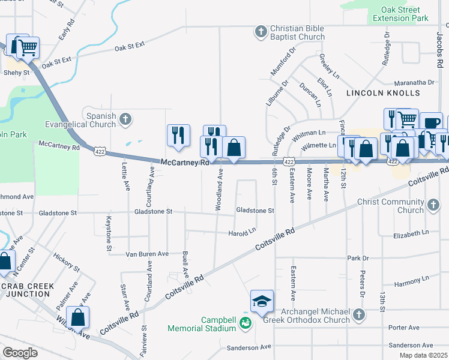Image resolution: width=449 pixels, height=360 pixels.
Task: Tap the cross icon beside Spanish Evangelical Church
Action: [x=125, y=118]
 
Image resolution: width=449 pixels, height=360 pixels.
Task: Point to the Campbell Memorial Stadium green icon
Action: [x=245, y=323]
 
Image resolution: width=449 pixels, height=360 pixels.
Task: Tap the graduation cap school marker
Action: [x=262, y=302]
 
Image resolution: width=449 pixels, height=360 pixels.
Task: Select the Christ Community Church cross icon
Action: [x=433, y=206]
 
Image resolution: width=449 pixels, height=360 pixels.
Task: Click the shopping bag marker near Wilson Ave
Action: [x=78, y=318]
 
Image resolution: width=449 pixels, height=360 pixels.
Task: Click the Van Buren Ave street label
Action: [x=147, y=254]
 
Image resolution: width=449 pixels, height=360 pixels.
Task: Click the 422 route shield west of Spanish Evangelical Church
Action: [x=99, y=152]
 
